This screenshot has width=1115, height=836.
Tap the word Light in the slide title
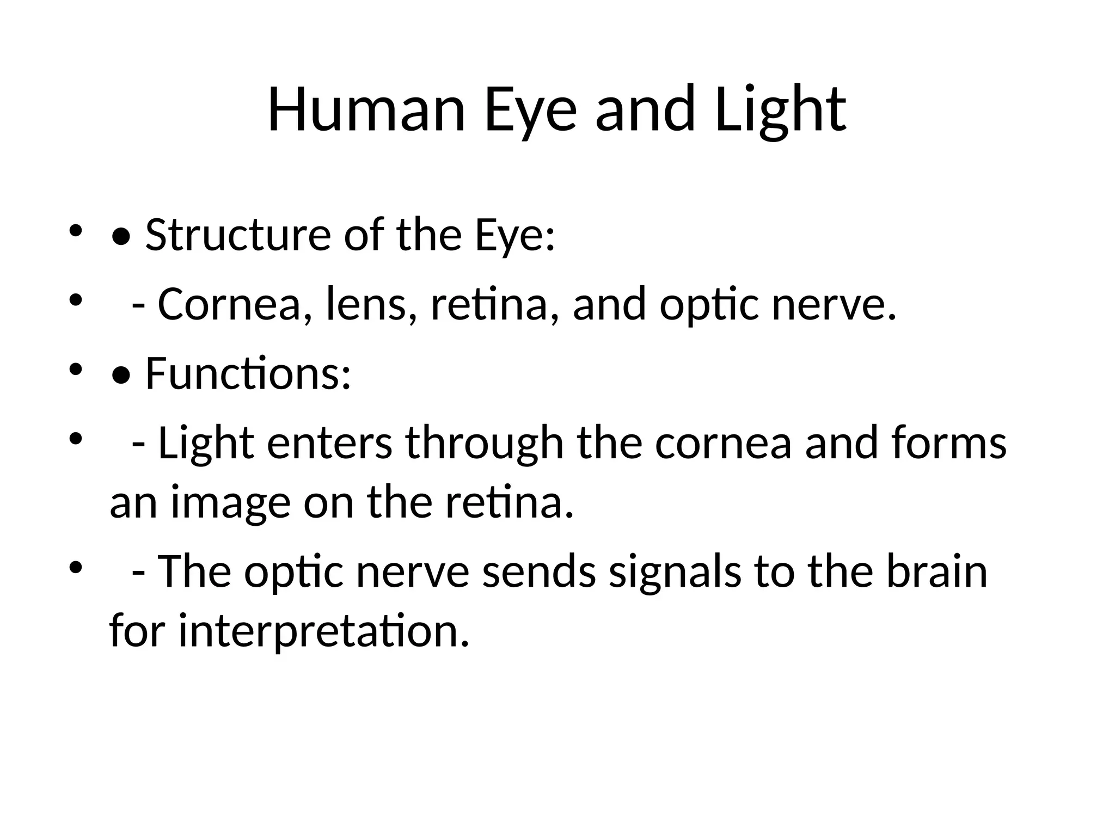click(x=780, y=110)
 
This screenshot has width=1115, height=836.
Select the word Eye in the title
click(x=530, y=110)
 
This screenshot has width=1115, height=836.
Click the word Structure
click(x=238, y=235)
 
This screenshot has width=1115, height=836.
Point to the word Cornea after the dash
click(x=229, y=304)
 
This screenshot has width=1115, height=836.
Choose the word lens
click(x=366, y=304)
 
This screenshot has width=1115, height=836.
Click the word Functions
click(x=248, y=374)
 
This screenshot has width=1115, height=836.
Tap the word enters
click(x=329, y=443)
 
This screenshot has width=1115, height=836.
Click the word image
click(x=230, y=504)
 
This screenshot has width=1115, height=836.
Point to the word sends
click(x=539, y=572)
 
